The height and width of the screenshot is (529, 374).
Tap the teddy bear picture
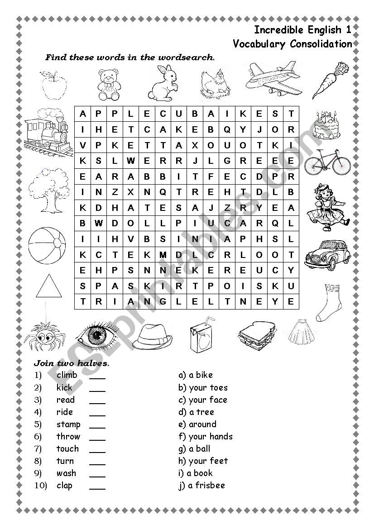coord(109,85)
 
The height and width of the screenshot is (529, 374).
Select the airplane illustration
coord(273,80)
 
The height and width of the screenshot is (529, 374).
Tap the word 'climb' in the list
coord(67,375)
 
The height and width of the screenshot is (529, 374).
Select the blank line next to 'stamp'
coord(97,425)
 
